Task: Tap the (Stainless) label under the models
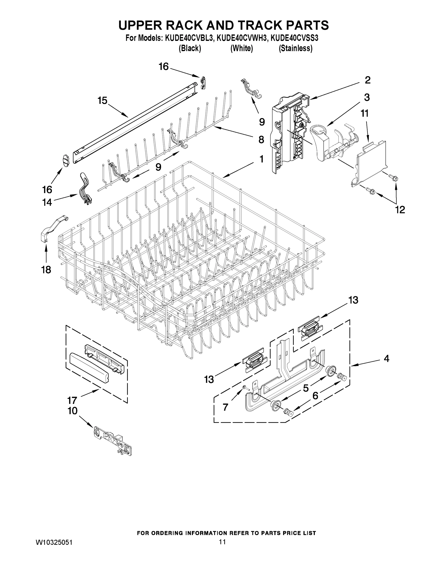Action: pos(295,48)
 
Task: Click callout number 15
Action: pos(103,100)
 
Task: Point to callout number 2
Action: pos(367,80)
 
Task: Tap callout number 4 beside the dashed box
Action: pos(386,359)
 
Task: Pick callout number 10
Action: pos(73,411)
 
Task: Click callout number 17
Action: pos(72,400)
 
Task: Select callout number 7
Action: pos(225,407)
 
